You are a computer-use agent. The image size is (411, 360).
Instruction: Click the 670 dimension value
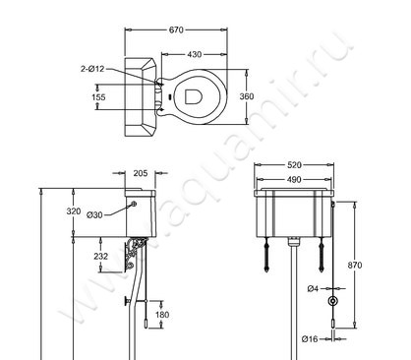pos(176,30)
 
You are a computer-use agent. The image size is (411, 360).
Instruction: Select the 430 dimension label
pos(195,54)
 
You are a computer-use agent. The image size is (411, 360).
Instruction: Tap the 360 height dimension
pos(247,96)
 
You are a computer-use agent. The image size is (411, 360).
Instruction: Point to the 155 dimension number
pos(98,97)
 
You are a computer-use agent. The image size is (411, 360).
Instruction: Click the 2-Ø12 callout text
pos(92,69)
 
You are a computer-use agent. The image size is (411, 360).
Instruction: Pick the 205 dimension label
pos(141,173)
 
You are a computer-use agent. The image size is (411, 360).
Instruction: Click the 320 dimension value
pos(74,211)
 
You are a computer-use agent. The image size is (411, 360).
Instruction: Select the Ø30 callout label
pos(94,215)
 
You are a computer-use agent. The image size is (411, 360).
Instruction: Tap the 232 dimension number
pos(100,256)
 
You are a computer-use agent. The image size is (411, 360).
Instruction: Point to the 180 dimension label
pos(162,315)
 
